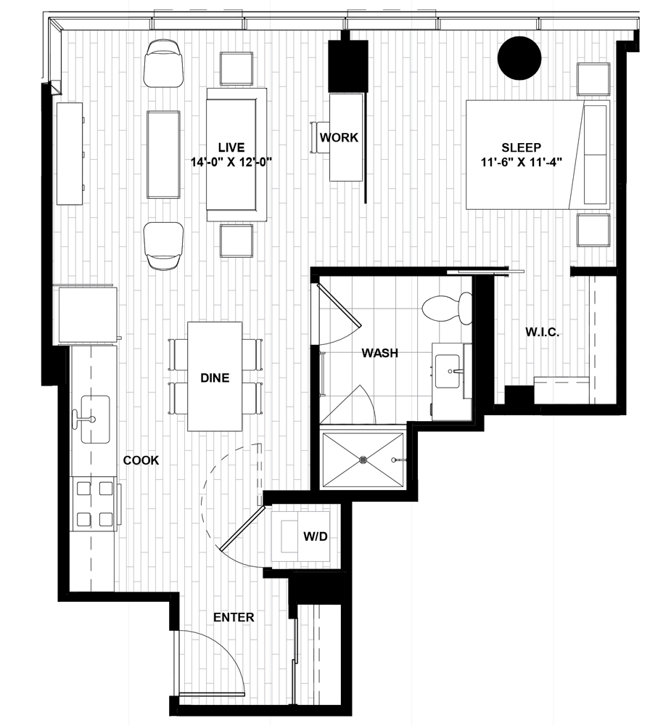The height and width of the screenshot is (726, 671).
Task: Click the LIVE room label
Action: (x=231, y=147)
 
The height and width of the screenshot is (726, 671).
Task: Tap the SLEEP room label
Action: (x=521, y=147)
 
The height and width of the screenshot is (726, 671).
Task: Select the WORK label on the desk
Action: (x=339, y=137)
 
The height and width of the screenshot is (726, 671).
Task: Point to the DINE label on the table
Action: (x=215, y=378)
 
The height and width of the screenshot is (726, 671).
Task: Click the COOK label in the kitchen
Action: (x=141, y=460)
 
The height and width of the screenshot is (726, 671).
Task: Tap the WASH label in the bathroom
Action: (x=380, y=353)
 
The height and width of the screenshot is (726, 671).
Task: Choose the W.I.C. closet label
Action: (x=543, y=332)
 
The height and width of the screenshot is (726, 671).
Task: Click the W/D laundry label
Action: (x=316, y=537)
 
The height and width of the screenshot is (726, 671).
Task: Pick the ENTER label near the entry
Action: (x=234, y=617)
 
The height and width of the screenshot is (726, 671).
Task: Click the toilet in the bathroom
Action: (x=447, y=308)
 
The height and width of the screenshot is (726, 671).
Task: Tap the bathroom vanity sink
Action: (x=448, y=370)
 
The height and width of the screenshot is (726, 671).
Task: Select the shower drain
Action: (x=363, y=460)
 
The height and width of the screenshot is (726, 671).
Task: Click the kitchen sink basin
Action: (x=95, y=419)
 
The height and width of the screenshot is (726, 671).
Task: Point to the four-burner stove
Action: (x=94, y=504)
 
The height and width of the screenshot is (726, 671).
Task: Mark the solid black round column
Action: (x=519, y=58)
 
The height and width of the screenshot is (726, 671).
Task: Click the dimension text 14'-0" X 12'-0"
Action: (x=231, y=163)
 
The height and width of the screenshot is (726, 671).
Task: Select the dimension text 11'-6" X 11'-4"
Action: (x=521, y=163)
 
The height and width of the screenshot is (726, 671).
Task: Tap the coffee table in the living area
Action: (x=163, y=155)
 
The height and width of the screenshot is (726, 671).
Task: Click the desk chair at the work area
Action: (x=318, y=137)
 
